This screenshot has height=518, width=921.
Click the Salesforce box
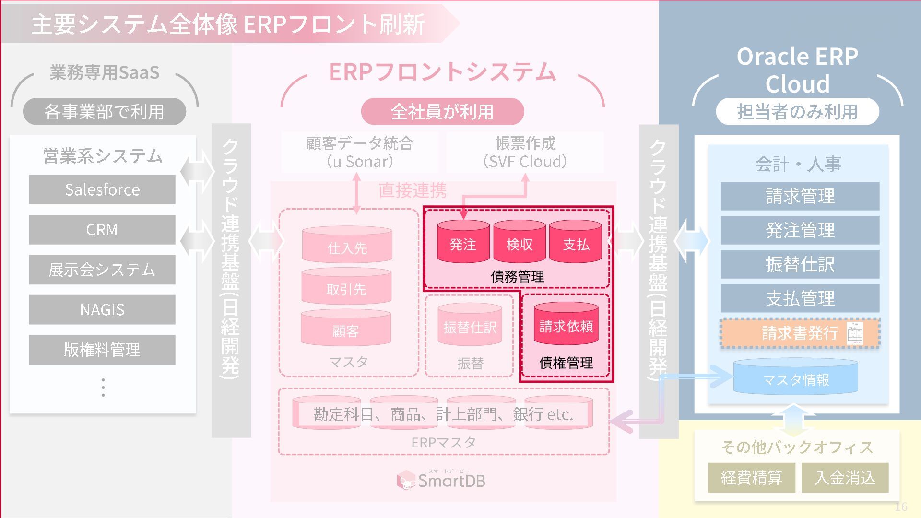pyautogui.click(x=102, y=189)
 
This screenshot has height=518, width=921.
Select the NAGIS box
pyautogui.click(x=102, y=309)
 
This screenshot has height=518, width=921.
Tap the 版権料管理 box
pyautogui.click(x=102, y=350)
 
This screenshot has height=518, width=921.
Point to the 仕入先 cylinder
pyautogui.click(x=347, y=245)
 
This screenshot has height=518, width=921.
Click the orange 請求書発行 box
pyautogui.click(x=800, y=333)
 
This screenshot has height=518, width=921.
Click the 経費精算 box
pyautogui.click(x=751, y=478)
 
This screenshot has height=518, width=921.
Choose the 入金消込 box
pyautogui.click(x=845, y=478)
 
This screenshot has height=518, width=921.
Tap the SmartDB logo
pyautogui.click(x=441, y=480)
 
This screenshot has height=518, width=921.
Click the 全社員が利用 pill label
pyautogui.click(x=442, y=111)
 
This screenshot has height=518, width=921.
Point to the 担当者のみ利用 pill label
pyautogui.click(x=797, y=111)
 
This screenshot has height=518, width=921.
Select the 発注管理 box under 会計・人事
pyautogui.click(x=800, y=230)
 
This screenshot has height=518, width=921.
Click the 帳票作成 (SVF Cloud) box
pyautogui.click(x=525, y=152)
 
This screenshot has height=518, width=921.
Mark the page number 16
pyautogui.click(x=901, y=506)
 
